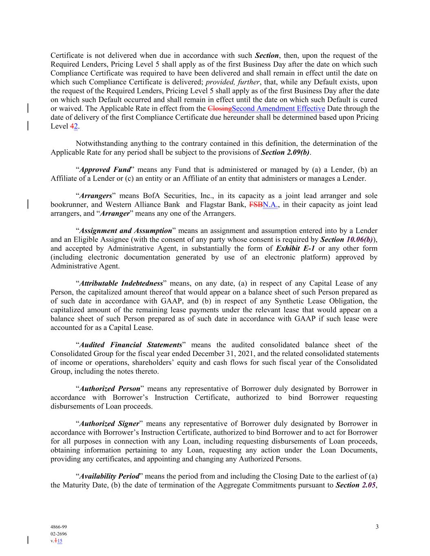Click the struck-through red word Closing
tap(219, 108)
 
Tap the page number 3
tap(377, 527)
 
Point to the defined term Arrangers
tap(95, 196)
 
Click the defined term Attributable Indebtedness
tap(121, 283)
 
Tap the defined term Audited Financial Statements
tap(130, 345)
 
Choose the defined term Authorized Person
tap(109, 389)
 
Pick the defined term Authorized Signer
tap(109, 424)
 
